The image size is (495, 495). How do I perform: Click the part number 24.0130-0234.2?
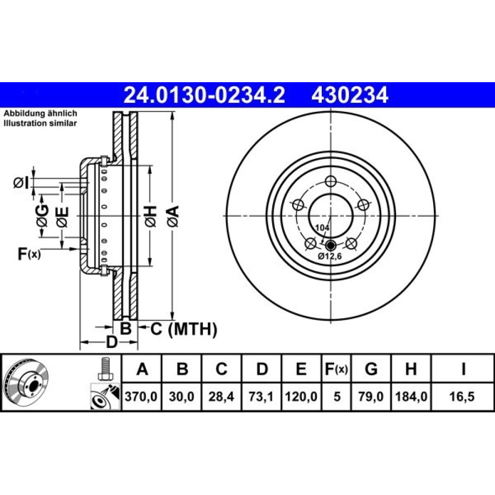pyautogui.click(x=204, y=95)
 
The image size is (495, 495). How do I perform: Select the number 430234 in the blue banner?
pyautogui.click(x=349, y=95)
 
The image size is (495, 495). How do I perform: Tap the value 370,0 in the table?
pyautogui.click(x=141, y=396)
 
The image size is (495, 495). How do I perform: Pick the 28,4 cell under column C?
pyautogui.click(x=221, y=396)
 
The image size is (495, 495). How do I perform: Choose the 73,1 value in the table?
pyautogui.click(x=261, y=396)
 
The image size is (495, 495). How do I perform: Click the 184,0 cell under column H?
pyautogui.click(x=411, y=396)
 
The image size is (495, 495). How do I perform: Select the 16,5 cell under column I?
pyautogui.click(x=462, y=396)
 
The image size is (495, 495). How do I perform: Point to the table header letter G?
pyautogui.click(x=371, y=369)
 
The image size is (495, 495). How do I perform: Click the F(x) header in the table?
pyautogui.click(x=336, y=369)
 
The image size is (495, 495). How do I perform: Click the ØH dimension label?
pyautogui.click(x=151, y=216)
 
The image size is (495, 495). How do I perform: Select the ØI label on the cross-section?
pyautogui.click(x=21, y=183)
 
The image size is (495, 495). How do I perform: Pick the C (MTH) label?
pyautogui.click(x=184, y=329)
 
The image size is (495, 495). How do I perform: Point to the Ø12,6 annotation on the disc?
pyautogui.click(x=330, y=256)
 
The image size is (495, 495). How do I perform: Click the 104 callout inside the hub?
pyautogui.click(x=322, y=227)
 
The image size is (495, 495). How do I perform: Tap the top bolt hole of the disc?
pyautogui.click(x=330, y=181)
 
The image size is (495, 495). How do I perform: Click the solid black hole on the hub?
pyautogui.click(x=331, y=245)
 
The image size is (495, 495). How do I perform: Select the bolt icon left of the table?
pyautogui.click(x=104, y=369)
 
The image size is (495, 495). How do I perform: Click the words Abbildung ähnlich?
pyautogui.click(x=40, y=113)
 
